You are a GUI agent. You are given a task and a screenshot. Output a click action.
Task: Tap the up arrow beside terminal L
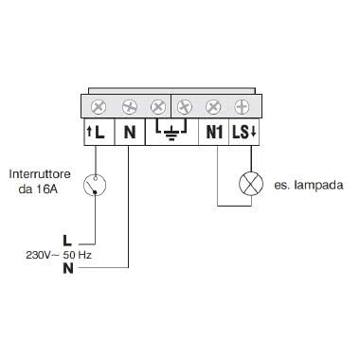90,132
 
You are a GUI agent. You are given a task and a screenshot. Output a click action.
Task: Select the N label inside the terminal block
128,132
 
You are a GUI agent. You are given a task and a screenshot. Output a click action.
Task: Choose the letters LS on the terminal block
237,132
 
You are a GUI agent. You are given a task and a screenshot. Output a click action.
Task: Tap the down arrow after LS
247,132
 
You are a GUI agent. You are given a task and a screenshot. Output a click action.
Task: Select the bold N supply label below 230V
66,268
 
